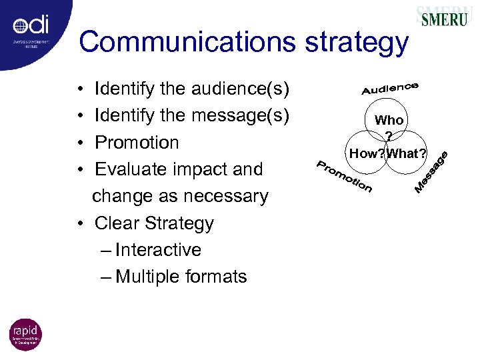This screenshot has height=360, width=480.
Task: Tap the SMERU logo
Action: pyautogui.click(x=444, y=18)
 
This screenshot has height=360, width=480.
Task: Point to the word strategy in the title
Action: pyautogui.click(x=357, y=42)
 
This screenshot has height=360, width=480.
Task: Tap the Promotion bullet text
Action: pyautogui.click(x=137, y=143)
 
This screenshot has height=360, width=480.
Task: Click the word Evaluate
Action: pyautogui.click(x=132, y=169)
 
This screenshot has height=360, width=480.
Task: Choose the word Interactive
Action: pyautogui.click(x=158, y=250)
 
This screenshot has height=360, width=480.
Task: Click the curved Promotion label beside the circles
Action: pyautogui.click(x=343, y=176)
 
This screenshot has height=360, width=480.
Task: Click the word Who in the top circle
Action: pyautogui.click(x=389, y=121)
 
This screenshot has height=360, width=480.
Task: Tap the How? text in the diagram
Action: pyautogui.click(x=367, y=154)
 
